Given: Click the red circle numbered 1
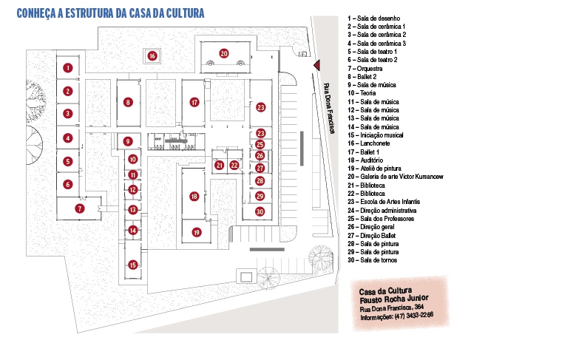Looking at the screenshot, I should coord(67,68).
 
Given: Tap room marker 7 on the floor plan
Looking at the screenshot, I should coord(80,209).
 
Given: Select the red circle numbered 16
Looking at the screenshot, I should coord(152,55).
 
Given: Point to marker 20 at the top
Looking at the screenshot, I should coord(223,52).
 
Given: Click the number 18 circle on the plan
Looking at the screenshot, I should coord(194,197).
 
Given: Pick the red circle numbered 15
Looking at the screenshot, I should coord(132,265).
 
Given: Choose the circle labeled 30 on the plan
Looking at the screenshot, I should coord(260,211).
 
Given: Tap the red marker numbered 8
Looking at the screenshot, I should coord(128,103).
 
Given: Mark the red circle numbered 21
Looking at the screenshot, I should coord(220,165).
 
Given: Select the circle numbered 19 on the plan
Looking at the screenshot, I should coord(197,232).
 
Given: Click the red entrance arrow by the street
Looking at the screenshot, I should coord(316,64).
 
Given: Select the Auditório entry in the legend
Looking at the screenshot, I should coord(371,160).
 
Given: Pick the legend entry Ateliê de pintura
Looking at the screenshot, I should coord(379,169).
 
